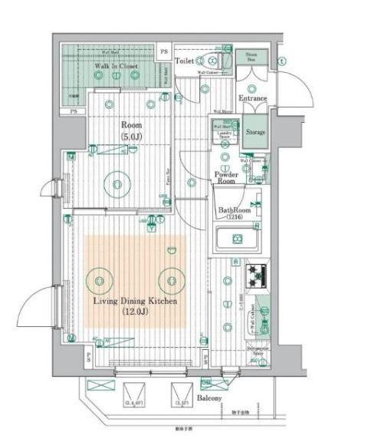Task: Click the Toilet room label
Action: click(184, 59)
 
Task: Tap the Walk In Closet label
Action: click(116, 67)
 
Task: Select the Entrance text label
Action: click(252, 98)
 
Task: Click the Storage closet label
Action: click(255, 132)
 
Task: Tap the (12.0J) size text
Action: click(135, 312)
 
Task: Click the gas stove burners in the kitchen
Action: click(255, 272)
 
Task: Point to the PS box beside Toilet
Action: click(163, 51)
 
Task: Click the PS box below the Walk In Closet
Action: click(74, 112)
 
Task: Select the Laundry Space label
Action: click(225, 135)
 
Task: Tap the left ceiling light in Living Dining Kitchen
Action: click(100, 279)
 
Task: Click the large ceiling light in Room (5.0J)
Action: click(117, 183)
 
